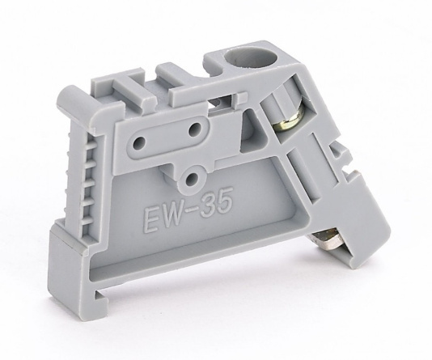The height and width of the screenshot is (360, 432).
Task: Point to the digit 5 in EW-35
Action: pyautogui.click(x=223, y=203)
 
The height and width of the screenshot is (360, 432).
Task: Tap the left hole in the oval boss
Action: pyautogui.click(x=139, y=142)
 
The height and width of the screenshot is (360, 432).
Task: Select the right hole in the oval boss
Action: pyautogui.click(x=196, y=129)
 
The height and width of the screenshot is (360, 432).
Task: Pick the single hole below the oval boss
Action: pyautogui.click(x=191, y=180)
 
